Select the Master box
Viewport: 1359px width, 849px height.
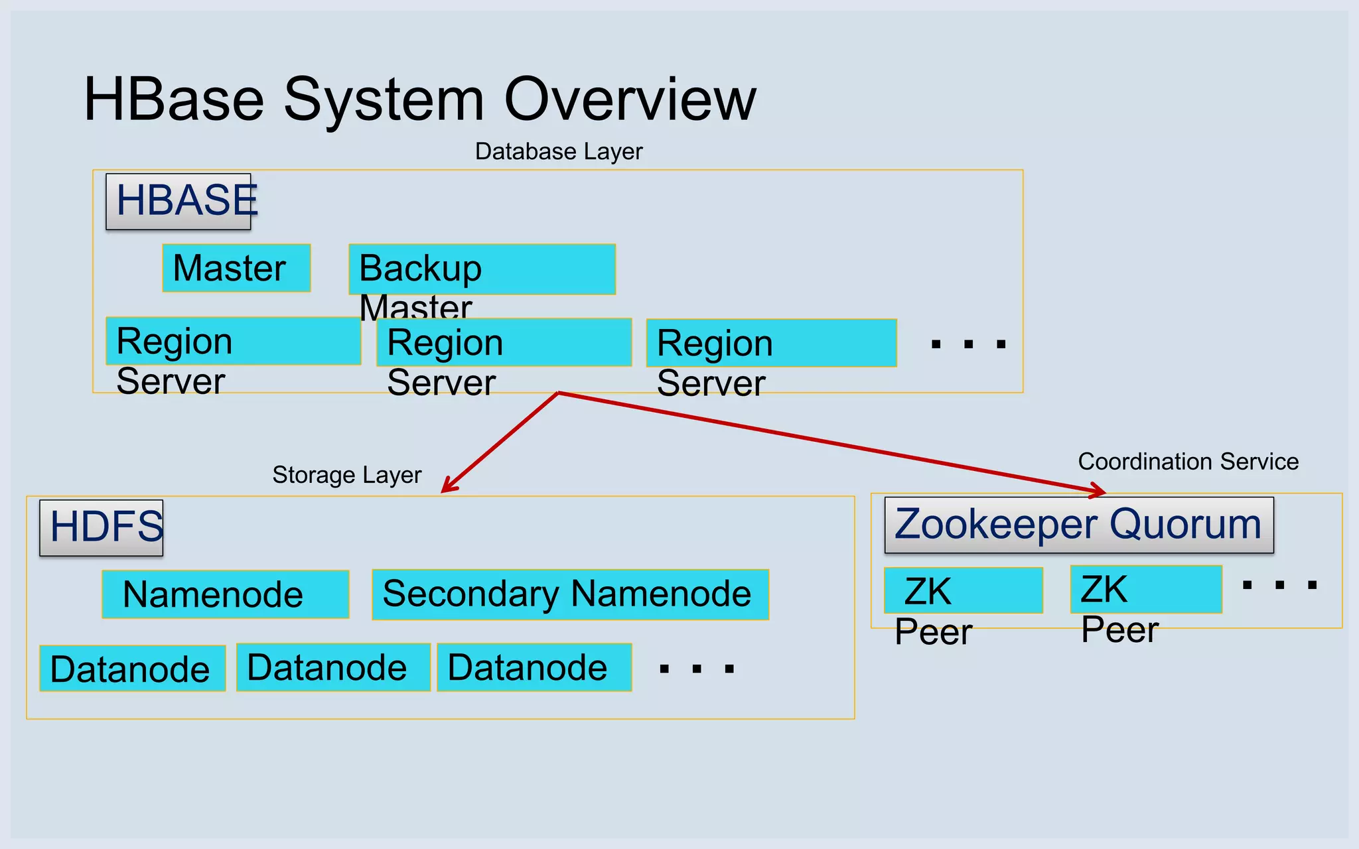click(x=236, y=268)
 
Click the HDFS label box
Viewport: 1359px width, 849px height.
click(x=102, y=528)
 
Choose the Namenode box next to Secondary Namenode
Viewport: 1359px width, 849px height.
click(x=226, y=594)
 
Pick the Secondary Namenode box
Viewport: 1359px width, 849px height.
click(x=570, y=594)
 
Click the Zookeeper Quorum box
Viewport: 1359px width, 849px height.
click(x=1079, y=525)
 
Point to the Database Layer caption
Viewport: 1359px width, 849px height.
click(x=559, y=152)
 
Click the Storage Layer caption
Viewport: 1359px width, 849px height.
click(x=346, y=475)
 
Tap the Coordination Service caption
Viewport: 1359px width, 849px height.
click(x=1188, y=462)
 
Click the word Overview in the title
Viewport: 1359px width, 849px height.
click(x=630, y=99)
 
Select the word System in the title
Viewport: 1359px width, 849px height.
click(x=384, y=99)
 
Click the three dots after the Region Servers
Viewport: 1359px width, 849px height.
click(x=968, y=344)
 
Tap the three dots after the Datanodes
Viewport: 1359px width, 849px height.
click(x=696, y=669)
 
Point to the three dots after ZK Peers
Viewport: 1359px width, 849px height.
click(x=1279, y=585)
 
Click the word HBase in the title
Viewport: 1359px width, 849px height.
click(x=174, y=99)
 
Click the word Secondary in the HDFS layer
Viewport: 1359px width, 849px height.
click(x=471, y=594)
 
